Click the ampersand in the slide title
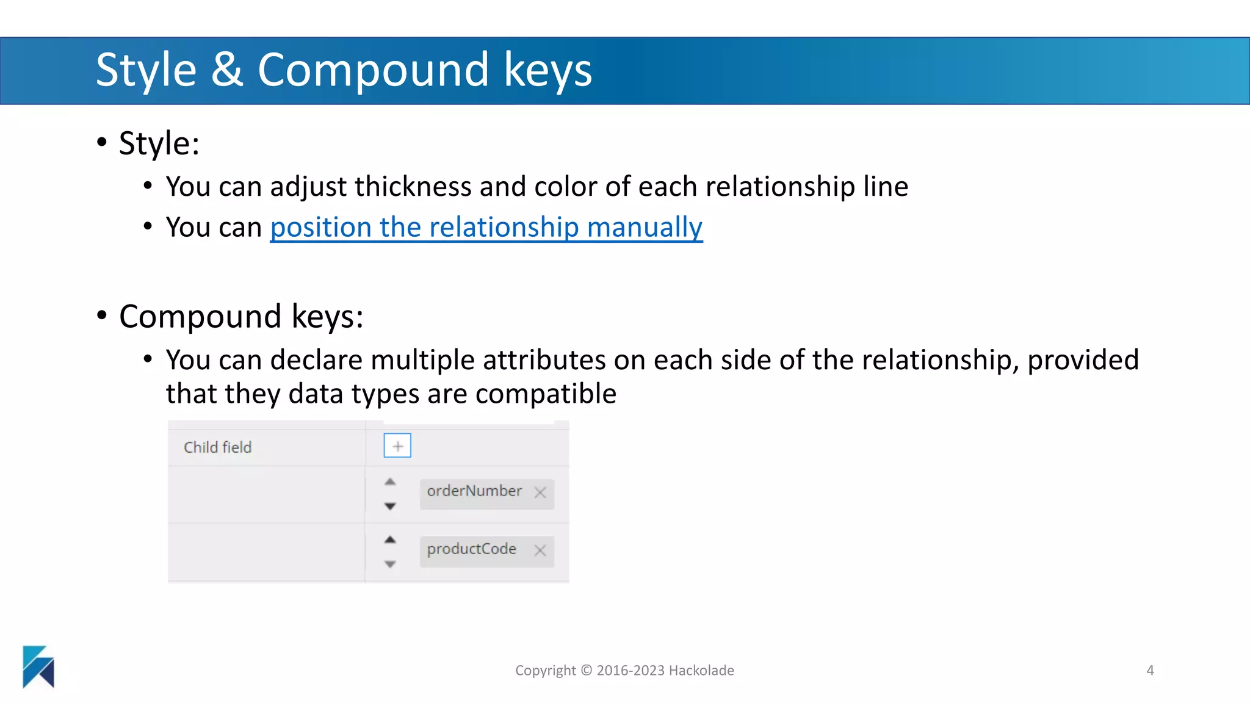[x=226, y=70]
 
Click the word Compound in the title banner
[x=373, y=70]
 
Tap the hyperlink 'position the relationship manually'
[x=486, y=228]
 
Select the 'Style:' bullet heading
[x=159, y=144]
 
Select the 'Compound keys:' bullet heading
[x=241, y=317]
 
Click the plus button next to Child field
[x=397, y=445]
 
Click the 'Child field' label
[x=217, y=447]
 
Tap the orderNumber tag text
[x=474, y=491]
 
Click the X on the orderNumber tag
[x=540, y=492]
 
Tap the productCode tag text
[x=471, y=549]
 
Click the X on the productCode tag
[x=540, y=550]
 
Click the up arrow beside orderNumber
[x=390, y=481]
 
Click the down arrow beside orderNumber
[x=390, y=506]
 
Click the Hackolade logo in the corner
[x=38, y=666]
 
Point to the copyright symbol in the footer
[x=586, y=670]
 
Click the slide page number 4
[x=1150, y=670]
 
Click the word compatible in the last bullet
[x=546, y=394]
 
